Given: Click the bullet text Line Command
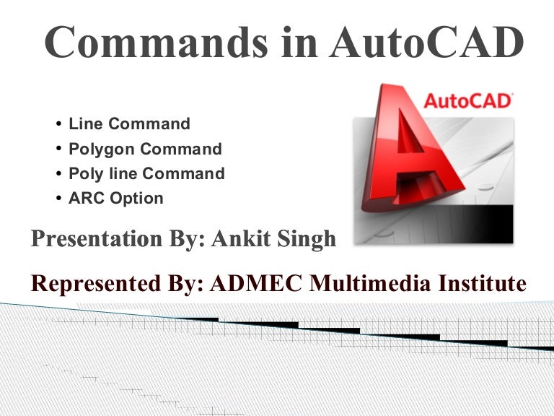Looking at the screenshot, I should tap(129, 123).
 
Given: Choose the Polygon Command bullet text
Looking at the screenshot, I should tap(145, 149).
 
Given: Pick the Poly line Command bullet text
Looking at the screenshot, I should tap(146, 174).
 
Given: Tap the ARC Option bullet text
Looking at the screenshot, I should tap(116, 198).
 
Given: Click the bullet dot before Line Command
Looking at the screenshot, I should tap(59, 124).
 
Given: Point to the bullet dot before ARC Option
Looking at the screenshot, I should tap(59, 199).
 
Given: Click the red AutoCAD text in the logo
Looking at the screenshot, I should tap(467, 100).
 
